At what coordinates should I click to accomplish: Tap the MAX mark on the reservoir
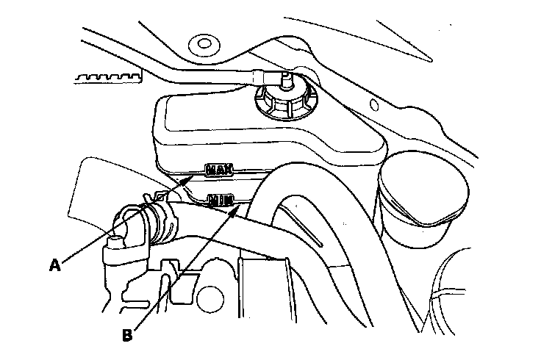tap(219, 170)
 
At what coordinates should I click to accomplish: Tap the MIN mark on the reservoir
tap(221, 199)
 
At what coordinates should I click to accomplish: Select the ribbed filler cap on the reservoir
tap(285, 98)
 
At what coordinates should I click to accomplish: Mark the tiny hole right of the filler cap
tap(375, 102)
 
